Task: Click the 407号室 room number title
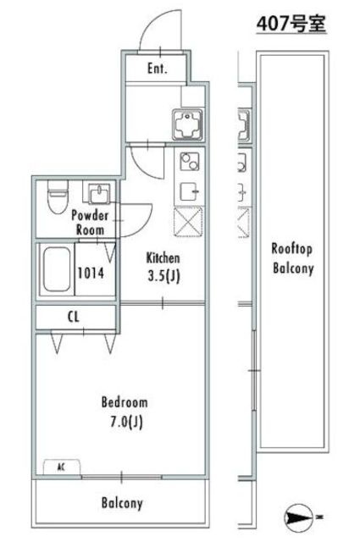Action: coord(291,24)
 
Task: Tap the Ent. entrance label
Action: coord(158,68)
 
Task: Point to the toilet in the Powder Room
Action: coord(58,196)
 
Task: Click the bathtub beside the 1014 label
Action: coord(57,269)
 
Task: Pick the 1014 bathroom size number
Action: coord(91,273)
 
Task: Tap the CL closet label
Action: coord(74,317)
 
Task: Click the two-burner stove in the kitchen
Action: coord(190,162)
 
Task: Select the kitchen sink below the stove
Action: coord(190,191)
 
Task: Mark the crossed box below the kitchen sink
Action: coord(188,222)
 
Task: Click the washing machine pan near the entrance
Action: coord(187,124)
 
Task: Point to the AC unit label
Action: coord(61,467)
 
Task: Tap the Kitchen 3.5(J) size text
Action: coord(163,268)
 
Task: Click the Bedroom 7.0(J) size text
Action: coord(125,412)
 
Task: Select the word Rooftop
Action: coord(292,249)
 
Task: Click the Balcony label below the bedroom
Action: coord(122,503)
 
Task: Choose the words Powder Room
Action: coord(90,222)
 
